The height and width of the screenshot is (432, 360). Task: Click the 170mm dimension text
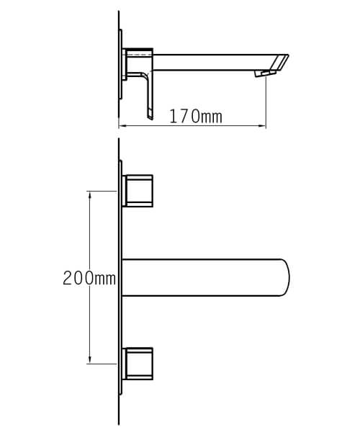point(196,116)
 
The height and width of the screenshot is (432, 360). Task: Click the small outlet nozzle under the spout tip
point(265,73)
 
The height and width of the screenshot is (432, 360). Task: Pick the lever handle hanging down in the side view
point(149,94)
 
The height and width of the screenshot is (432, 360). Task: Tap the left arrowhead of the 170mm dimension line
point(121,127)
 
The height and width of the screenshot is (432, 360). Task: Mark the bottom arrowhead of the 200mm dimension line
point(90,360)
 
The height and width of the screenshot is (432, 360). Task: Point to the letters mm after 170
point(211,116)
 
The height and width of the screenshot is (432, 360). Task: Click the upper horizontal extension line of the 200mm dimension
point(102,191)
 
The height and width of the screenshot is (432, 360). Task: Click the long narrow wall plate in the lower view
point(120,288)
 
